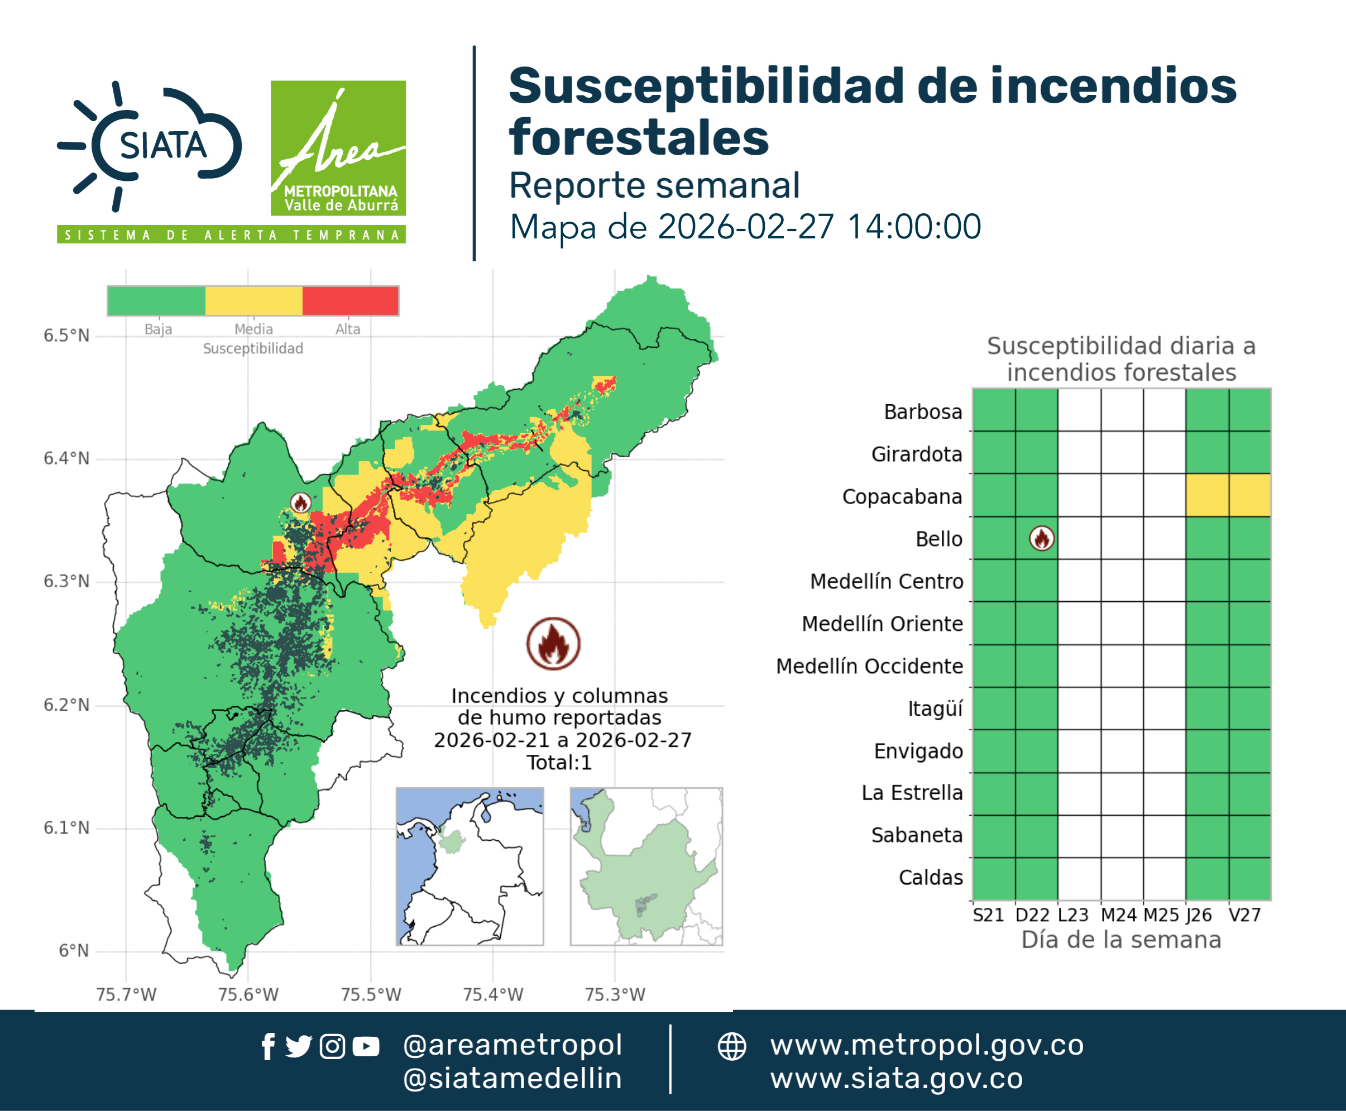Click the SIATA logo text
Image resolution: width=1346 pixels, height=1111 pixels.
(163, 145)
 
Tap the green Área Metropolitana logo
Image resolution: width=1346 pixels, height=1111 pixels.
(338, 148)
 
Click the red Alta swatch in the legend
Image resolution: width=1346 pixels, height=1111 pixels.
(350, 301)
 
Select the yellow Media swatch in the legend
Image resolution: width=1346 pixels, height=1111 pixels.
(253, 301)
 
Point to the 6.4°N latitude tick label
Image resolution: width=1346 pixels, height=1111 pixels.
(66, 458)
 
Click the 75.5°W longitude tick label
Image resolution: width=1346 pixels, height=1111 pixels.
(371, 994)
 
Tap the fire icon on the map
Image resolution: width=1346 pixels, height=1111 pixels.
(301, 503)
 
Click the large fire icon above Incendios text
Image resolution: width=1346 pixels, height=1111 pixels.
(554, 643)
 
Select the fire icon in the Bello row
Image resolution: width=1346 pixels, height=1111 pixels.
(1042, 538)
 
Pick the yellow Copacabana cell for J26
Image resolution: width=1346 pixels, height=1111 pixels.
(1207, 495)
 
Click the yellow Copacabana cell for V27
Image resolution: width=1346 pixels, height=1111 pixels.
(1250, 495)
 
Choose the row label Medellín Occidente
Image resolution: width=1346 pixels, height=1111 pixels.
(870, 666)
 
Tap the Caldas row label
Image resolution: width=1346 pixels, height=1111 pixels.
(931, 878)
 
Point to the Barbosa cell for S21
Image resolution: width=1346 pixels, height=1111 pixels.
(994, 410)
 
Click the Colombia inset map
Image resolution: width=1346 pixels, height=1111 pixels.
(470, 866)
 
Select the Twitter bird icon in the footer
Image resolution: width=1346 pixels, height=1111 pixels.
(298, 1046)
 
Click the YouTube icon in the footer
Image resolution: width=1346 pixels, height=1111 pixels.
(366, 1047)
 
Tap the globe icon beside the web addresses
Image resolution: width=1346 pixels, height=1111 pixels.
(731, 1046)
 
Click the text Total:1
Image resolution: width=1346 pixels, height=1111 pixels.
(559, 762)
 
